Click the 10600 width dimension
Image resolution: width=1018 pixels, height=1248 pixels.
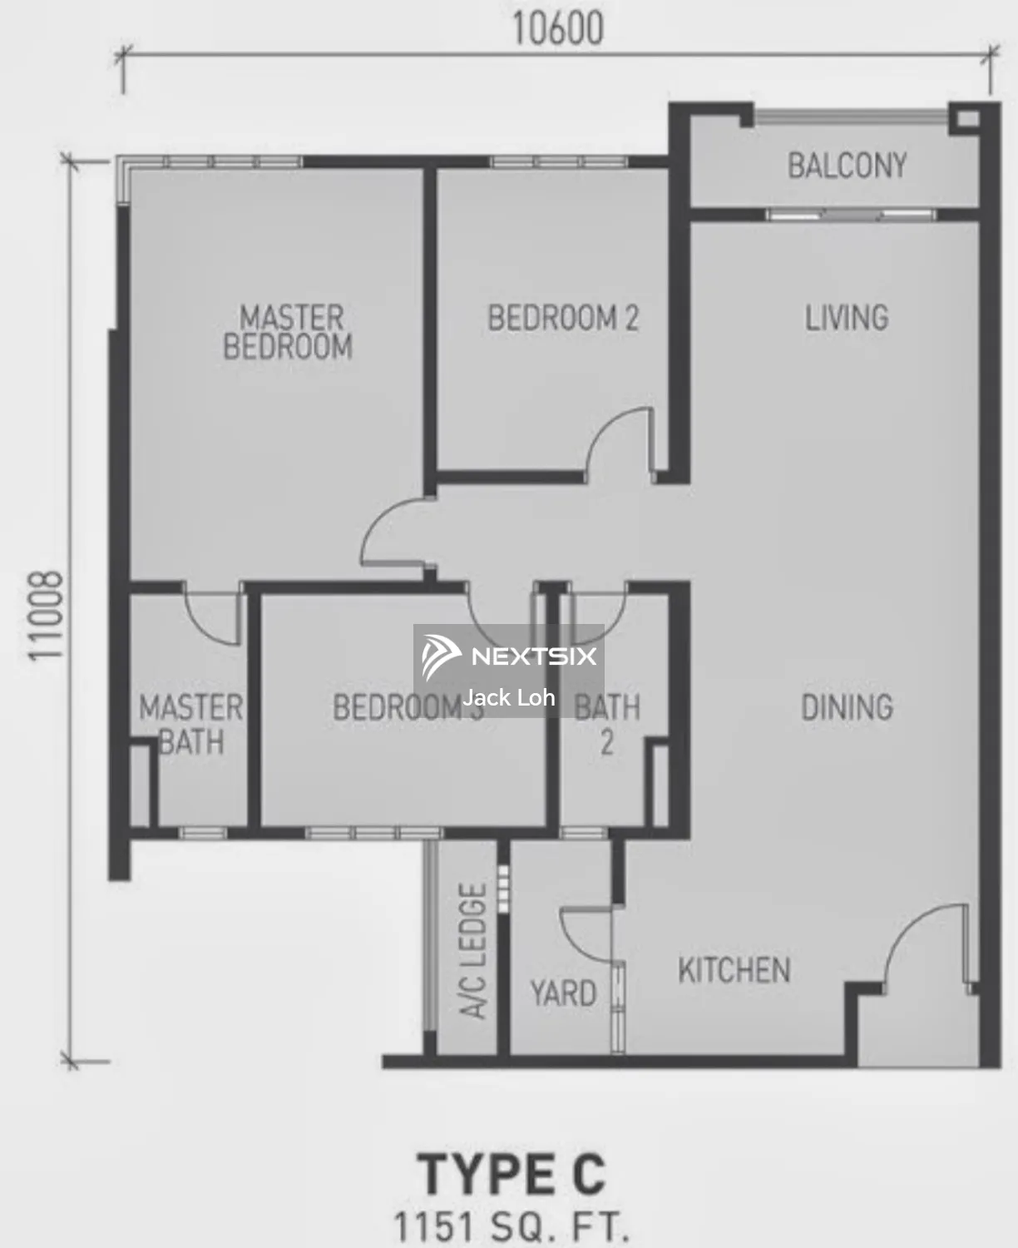557,29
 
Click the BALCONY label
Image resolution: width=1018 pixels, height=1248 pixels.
847,166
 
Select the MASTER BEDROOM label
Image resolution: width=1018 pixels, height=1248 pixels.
288,332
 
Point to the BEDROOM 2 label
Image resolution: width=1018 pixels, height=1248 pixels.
563,318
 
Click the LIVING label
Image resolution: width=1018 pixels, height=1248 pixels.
847,318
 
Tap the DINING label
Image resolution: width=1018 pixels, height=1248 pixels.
847,707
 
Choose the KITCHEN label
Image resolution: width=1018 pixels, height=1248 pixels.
734,970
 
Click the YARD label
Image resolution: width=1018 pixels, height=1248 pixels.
563,993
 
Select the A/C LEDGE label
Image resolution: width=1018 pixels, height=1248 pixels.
473,951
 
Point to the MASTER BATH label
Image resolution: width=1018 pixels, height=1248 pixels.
191,724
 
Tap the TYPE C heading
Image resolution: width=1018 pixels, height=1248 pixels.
511,1174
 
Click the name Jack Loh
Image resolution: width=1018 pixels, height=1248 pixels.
509,697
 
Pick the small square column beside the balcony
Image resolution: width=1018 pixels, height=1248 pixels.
966,118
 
